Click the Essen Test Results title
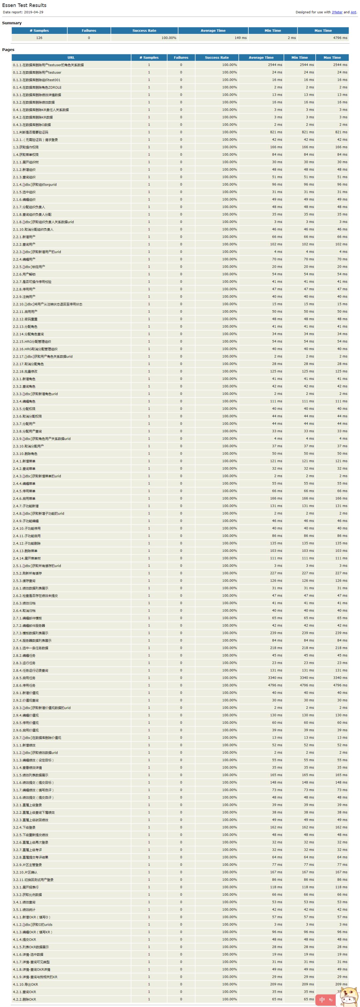[x=24, y=5]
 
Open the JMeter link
[x=337, y=12]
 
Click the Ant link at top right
[x=353, y=12]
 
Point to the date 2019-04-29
[x=34, y=12]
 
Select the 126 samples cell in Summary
[x=39, y=38]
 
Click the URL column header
[x=71, y=57]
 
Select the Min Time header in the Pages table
[x=299, y=57]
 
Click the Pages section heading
[x=8, y=50]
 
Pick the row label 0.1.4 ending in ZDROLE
[x=37, y=88]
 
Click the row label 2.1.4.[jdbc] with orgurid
[x=35, y=185]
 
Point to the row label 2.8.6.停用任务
[x=24, y=685]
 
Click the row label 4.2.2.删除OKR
[x=24, y=999]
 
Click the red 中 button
[x=322, y=1000]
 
